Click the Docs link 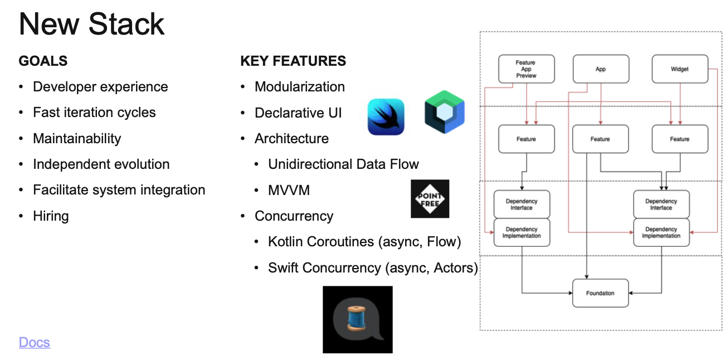coord(35,342)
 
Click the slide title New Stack coord(92,24)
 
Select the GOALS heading coord(43,61)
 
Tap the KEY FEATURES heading coord(293,61)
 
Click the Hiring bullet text coord(51,216)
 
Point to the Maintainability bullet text coord(77,138)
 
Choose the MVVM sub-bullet coord(289,190)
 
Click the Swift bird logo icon coord(386,116)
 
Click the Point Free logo coord(430,198)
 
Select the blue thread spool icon coord(357,319)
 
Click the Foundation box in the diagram coord(600,293)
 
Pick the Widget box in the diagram coord(680,69)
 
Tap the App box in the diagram coord(601,69)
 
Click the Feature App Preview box coord(526,69)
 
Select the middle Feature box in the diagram coord(600,139)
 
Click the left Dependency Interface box coord(522,205)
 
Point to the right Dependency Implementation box coord(661,232)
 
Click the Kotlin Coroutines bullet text coord(364,242)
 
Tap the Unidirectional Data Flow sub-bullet coord(343,164)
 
